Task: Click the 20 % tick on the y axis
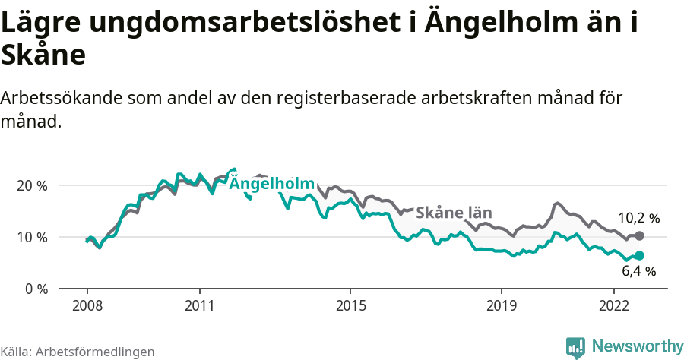click(x=30, y=185)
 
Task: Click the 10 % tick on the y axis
click(x=30, y=237)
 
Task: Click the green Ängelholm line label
click(x=271, y=184)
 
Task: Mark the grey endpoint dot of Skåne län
click(x=639, y=235)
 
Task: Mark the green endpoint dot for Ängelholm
click(x=639, y=256)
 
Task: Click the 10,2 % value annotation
click(x=638, y=218)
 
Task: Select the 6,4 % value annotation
click(x=638, y=271)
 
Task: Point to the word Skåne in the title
click(x=43, y=55)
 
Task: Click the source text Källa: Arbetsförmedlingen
click(x=78, y=352)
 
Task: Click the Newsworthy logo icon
click(x=575, y=347)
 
